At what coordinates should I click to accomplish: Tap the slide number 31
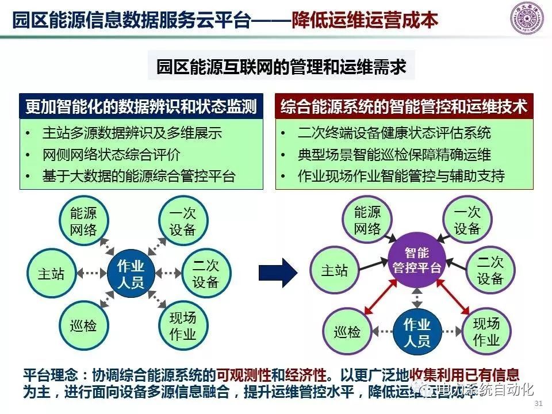coord(539,402)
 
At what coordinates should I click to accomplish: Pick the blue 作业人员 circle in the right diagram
coord(417,332)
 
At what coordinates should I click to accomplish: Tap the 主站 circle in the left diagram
coord(51,274)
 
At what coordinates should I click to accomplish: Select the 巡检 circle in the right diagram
coord(347,332)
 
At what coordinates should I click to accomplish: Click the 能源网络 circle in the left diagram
coord(83,222)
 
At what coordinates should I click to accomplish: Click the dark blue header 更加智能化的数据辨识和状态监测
coord(141,107)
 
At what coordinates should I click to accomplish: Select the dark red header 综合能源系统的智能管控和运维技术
coord(404,107)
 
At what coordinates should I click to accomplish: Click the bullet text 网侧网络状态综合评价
coord(112,155)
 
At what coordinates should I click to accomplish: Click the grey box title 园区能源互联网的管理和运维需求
coord(282,68)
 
